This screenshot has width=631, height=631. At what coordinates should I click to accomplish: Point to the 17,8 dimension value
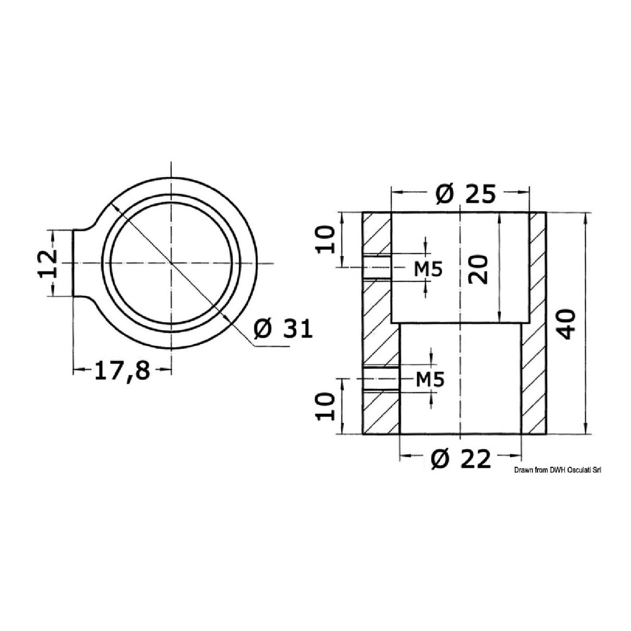tap(121, 371)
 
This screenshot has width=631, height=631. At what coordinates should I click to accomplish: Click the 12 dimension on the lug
tap(47, 263)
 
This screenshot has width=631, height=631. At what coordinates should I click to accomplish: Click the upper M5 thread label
tap(428, 269)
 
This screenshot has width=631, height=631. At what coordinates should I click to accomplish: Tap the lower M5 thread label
tap(430, 380)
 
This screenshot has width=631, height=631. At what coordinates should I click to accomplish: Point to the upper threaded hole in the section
tap(377, 268)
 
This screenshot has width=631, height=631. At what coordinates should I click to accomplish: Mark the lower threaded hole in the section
tap(381, 379)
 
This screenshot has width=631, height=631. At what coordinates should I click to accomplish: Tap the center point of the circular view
tap(170, 264)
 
